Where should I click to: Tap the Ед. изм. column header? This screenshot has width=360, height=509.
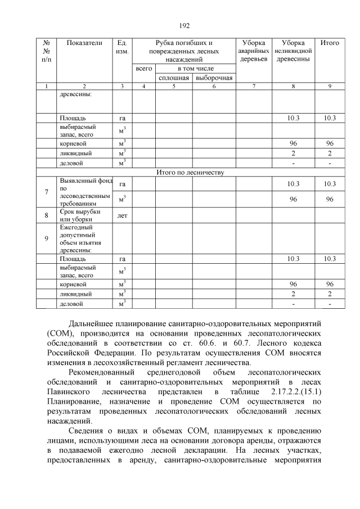pyautogui.click(x=122, y=47)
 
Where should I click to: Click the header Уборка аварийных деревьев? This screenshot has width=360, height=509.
pyautogui.click(x=254, y=51)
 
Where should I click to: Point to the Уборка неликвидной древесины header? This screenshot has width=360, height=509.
pyautogui.click(x=293, y=51)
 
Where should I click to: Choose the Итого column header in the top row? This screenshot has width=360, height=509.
pyautogui.click(x=330, y=43)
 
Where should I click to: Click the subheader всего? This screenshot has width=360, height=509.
pyautogui.click(x=144, y=68)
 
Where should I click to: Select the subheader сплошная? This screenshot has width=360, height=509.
pyautogui.click(x=174, y=77)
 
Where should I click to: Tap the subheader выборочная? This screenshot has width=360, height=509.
pyautogui.click(x=214, y=77)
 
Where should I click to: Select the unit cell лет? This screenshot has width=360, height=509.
pyautogui.click(x=122, y=215)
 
